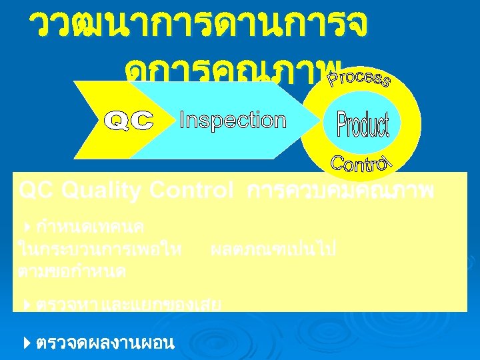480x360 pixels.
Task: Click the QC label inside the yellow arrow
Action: [131, 121]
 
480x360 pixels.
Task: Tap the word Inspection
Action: [233, 121]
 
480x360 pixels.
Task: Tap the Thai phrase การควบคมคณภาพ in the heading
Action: [340, 192]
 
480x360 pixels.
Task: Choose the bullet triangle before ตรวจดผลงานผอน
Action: [26, 343]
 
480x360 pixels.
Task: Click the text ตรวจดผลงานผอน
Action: [105, 343]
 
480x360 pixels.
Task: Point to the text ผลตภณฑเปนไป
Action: [273, 250]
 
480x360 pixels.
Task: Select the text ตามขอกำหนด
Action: [73, 271]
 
